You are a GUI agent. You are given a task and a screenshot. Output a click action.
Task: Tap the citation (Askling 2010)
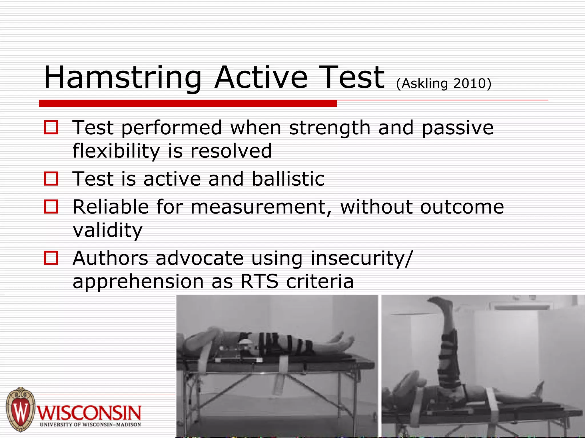tap(444, 83)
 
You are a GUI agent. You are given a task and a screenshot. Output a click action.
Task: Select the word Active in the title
tap(261, 78)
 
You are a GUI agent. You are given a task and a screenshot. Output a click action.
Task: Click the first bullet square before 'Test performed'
tap(51, 127)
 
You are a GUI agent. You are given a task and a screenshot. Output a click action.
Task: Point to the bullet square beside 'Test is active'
tap(51, 179)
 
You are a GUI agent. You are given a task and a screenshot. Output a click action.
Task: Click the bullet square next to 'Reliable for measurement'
tap(51, 206)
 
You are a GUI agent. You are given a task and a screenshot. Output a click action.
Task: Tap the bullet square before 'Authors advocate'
tap(51, 258)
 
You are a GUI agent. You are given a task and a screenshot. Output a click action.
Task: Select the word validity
tap(107, 230)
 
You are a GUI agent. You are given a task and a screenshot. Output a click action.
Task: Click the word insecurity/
tap(361, 258)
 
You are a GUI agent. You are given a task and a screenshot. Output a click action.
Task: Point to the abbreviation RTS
tap(259, 281)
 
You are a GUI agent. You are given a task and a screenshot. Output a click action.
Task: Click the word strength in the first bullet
tap(330, 128)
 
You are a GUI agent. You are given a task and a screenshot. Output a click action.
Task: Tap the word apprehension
tap(138, 282)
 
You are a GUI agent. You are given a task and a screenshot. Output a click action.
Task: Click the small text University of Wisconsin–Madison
tap(90, 425)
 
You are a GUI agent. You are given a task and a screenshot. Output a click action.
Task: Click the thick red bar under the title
tap(188, 104)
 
